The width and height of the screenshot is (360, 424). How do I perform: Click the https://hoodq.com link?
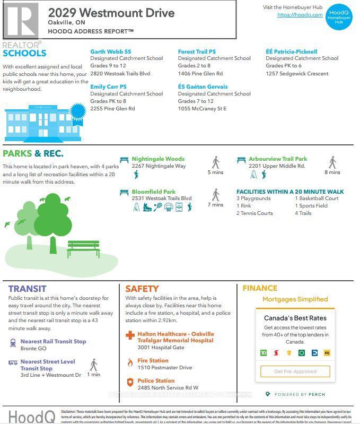(300, 15)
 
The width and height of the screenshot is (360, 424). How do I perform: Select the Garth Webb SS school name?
(110, 51)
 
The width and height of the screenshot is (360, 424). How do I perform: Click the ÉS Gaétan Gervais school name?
(203, 86)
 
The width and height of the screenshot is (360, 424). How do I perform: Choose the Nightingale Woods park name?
(158, 159)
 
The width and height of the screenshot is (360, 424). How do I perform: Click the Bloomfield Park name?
(153, 192)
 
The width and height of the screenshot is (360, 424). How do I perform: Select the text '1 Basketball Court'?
(317, 198)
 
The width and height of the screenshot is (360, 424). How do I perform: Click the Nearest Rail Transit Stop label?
(53, 341)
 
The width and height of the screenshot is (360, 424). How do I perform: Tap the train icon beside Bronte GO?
(13, 343)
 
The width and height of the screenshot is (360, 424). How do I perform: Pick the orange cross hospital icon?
(130, 335)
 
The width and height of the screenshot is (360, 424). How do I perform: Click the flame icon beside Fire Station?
(130, 362)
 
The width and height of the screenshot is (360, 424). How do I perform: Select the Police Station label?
(156, 380)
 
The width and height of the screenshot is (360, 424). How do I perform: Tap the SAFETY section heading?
(142, 289)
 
